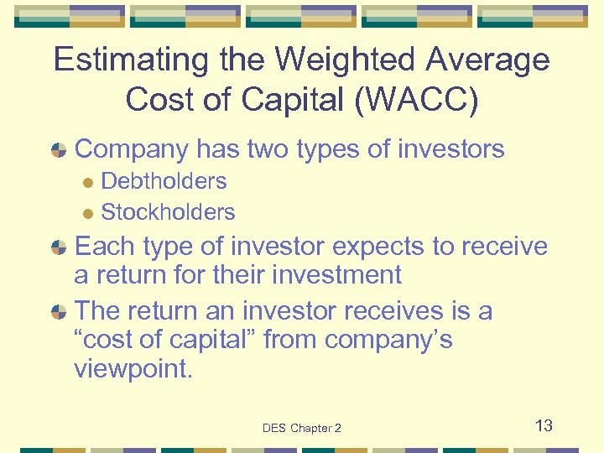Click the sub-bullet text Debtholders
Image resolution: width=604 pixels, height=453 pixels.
click(x=164, y=181)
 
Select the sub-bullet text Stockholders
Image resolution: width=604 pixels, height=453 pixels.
click(x=168, y=212)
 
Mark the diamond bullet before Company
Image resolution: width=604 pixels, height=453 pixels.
click(x=59, y=151)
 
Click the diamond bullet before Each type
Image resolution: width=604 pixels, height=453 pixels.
click(x=59, y=248)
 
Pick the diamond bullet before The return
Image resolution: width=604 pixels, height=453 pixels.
click(x=59, y=311)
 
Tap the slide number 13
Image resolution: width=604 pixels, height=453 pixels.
click(x=544, y=425)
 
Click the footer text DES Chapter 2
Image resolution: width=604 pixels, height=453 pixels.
click(x=301, y=428)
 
